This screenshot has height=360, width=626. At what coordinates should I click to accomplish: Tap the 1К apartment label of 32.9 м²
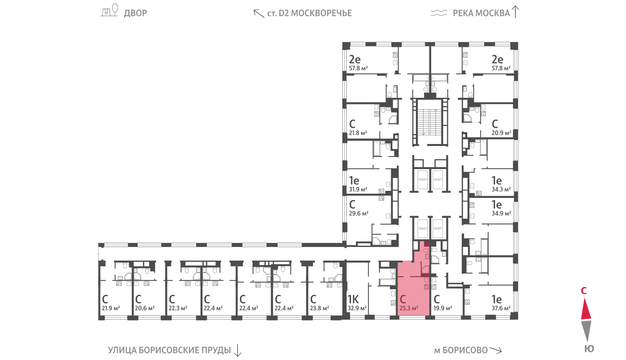click(x=356, y=303)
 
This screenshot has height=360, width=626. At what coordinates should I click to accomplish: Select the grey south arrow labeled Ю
click(x=586, y=330)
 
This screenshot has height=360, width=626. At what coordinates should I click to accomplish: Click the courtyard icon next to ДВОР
click(x=109, y=10)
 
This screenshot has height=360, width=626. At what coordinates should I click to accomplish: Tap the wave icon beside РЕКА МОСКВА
click(x=439, y=13)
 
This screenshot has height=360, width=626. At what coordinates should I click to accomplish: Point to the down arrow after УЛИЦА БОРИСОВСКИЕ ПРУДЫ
click(x=237, y=351)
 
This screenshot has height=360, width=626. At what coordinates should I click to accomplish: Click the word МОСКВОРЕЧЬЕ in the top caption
click(x=321, y=13)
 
